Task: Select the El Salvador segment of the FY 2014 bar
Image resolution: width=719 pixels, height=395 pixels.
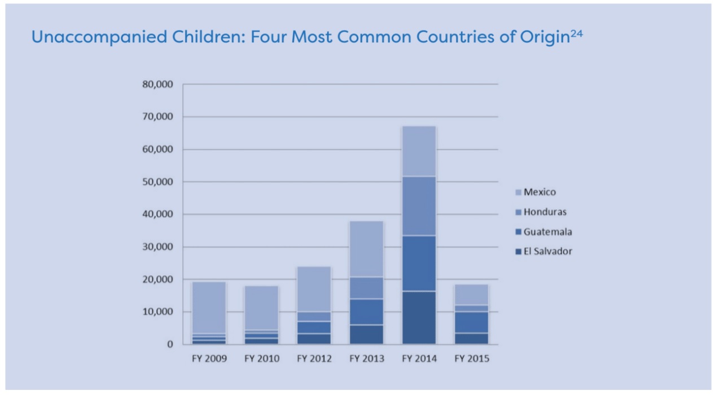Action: [x=419, y=318]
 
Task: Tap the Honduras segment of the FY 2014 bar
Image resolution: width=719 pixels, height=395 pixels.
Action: [x=419, y=206]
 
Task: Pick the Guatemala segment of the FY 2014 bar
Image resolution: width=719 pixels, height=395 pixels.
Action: [x=419, y=264]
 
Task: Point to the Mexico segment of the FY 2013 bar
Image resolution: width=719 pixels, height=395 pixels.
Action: [x=366, y=249]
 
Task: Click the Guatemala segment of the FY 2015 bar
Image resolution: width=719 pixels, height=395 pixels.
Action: [x=471, y=322]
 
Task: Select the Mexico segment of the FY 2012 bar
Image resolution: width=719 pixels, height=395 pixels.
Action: [x=314, y=289]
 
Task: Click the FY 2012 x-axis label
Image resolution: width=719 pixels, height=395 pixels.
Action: [x=314, y=359]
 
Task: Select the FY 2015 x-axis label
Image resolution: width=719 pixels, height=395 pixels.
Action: [x=471, y=359]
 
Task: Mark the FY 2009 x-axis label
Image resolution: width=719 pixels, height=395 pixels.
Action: [x=209, y=359]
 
